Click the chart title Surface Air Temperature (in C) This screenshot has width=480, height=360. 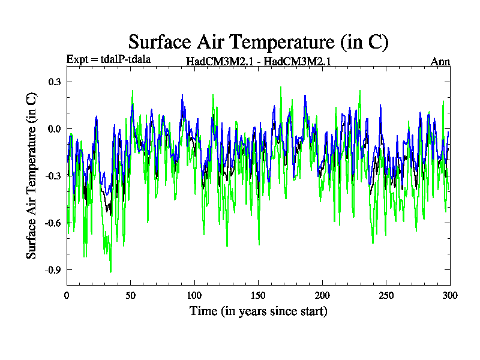259,41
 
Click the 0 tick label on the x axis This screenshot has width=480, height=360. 67,295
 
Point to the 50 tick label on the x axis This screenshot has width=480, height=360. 130,295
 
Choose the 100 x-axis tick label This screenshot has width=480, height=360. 194,295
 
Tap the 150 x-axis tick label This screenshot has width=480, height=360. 258,295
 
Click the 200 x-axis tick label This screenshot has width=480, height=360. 322,295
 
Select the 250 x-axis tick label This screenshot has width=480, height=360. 386,295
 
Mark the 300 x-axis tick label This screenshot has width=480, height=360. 450,295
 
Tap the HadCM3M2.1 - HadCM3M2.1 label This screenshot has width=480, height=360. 259,61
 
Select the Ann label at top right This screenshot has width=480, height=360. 440,61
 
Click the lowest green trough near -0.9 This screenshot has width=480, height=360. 110,272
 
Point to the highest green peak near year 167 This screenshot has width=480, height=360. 280,87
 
